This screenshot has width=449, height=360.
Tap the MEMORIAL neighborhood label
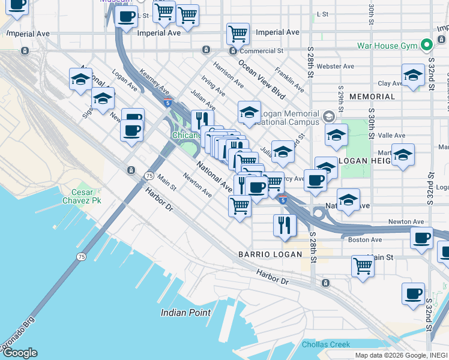[372, 97]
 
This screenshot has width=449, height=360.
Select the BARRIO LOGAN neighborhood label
[270, 254]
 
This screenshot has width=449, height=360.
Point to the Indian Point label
[185, 313]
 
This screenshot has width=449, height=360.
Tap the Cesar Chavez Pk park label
[82, 196]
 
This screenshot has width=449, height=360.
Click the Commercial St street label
[261, 51]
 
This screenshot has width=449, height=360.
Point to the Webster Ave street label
[336, 66]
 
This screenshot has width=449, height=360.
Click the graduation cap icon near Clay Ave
[412, 76]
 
